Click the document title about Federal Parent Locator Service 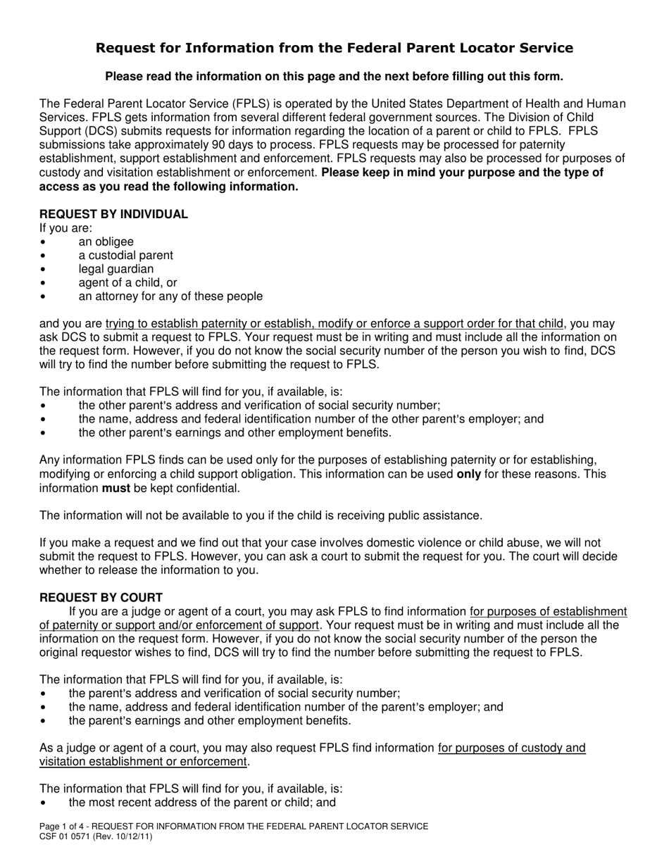(x=334, y=48)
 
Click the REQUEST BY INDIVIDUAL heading (x=113, y=214)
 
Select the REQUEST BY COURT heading (x=101, y=597)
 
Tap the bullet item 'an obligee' (x=106, y=241)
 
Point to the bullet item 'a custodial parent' (x=125, y=255)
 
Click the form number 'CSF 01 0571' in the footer (x=65, y=836)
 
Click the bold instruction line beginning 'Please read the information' (x=334, y=76)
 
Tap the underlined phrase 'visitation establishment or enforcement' (x=143, y=761)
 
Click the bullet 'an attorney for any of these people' (x=170, y=296)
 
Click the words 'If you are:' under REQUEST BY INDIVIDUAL (x=65, y=228)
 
